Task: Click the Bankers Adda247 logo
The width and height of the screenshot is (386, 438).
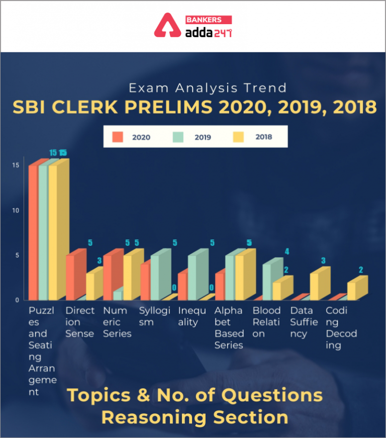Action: (x=192, y=27)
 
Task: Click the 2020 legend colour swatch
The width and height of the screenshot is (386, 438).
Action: (x=118, y=137)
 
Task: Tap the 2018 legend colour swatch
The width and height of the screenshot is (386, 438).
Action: (x=239, y=137)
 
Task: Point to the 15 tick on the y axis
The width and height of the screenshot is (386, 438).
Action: (x=16, y=165)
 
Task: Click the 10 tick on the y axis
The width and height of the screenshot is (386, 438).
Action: (x=16, y=210)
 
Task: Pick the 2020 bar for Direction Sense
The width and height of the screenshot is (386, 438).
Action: (x=70, y=277)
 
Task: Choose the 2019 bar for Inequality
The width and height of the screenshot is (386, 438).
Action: (x=192, y=277)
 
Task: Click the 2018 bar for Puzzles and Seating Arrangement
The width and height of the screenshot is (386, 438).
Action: (x=53, y=231)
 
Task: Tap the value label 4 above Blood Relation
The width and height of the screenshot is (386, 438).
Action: (x=286, y=251)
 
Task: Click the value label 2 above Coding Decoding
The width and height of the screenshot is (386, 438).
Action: (x=360, y=270)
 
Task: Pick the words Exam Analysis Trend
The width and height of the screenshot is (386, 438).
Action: (x=208, y=88)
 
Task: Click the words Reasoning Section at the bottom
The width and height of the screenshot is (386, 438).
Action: (x=195, y=417)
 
